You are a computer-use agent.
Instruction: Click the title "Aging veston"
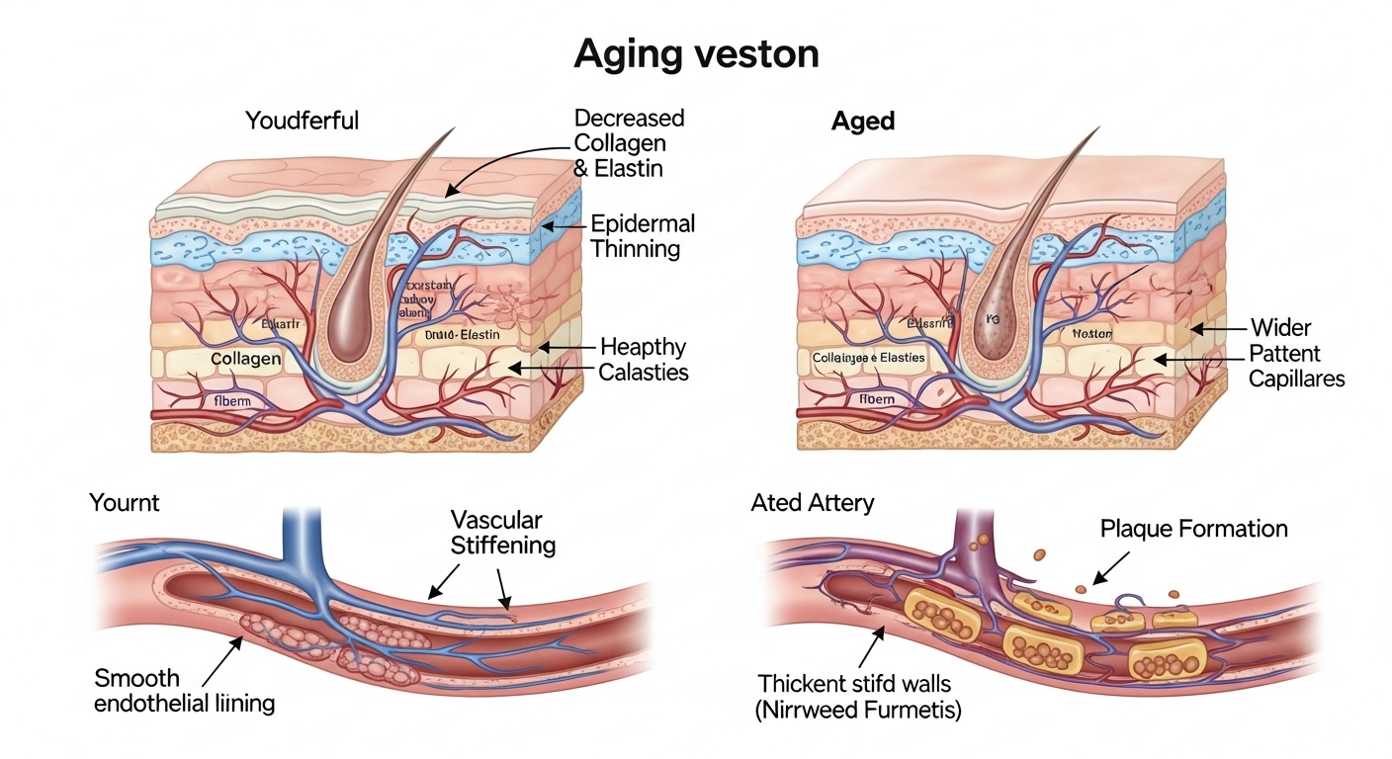click(696, 54)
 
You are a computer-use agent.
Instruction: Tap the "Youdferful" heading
click(302, 122)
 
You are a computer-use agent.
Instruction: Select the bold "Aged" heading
click(863, 122)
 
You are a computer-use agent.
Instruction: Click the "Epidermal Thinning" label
click(643, 235)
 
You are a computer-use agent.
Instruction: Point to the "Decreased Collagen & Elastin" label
click(629, 143)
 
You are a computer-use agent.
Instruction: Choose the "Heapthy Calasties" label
click(643, 360)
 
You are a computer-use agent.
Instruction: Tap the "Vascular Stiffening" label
click(503, 532)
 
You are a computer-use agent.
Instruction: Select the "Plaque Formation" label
click(1193, 529)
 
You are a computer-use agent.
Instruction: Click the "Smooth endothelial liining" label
click(184, 691)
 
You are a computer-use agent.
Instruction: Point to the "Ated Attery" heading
click(812, 502)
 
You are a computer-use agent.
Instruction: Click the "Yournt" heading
click(125, 502)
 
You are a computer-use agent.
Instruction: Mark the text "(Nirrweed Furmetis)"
click(859, 709)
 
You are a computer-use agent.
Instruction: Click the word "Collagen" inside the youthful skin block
click(245, 359)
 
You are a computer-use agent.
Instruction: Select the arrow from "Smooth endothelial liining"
click(221, 661)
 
